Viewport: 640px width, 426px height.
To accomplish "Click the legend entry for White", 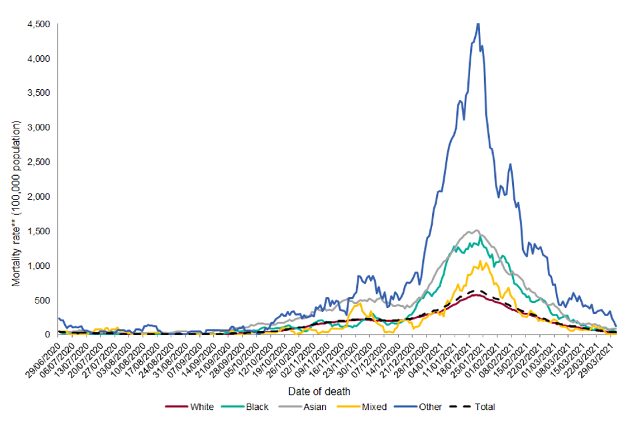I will [201, 407].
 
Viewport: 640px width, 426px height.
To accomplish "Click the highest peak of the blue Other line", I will [477, 24].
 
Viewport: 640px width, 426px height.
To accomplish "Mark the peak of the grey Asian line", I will [475, 230].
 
